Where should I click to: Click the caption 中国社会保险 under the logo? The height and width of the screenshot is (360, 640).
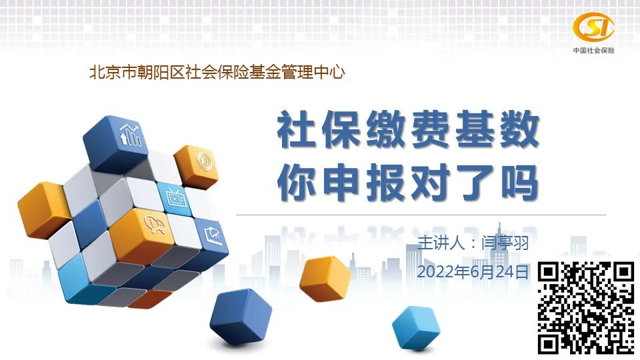click(593, 50)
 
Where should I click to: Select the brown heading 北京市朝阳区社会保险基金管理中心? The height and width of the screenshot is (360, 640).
click(217, 73)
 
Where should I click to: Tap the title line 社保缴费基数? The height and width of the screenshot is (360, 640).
click(408, 130)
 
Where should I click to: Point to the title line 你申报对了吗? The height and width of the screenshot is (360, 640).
click(408, 183)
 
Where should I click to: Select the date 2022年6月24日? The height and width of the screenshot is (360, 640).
click(473, 272)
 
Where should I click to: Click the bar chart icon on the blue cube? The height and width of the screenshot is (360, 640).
click(131, 135)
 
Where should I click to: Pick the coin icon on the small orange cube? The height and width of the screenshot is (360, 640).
click(203, 161)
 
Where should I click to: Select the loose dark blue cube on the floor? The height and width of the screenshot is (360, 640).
click(241, 317)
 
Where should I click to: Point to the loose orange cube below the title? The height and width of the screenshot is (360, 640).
click(325, 279)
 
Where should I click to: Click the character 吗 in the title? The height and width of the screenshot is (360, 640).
click(519, 183)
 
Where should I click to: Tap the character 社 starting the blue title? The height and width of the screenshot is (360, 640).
click(296, 130)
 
